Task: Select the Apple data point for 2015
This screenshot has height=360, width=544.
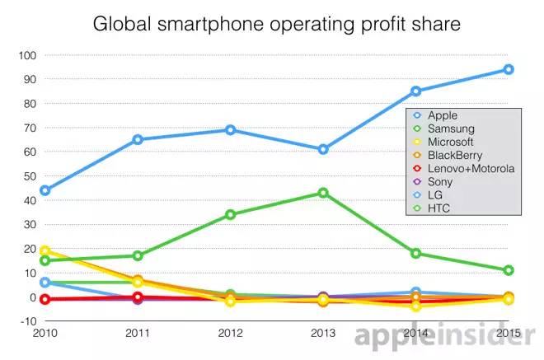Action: point(509,69)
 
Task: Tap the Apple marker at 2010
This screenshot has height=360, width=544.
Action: point(45,190)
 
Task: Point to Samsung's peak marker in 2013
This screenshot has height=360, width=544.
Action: point(323,193)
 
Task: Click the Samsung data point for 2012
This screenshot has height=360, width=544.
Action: point(230,214)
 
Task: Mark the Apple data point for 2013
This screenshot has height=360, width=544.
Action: point(323,149)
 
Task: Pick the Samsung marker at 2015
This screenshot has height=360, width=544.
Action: point(509,270)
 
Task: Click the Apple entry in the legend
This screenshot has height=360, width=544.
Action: point(443,116)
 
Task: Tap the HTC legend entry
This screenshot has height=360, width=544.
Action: point(440,208)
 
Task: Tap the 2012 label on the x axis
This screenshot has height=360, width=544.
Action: point(230,334)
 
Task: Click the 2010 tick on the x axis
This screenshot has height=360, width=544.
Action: point(45,334)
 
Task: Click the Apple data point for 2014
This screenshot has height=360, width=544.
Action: point(415,91)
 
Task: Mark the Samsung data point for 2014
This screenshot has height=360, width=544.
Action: point(415,253)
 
